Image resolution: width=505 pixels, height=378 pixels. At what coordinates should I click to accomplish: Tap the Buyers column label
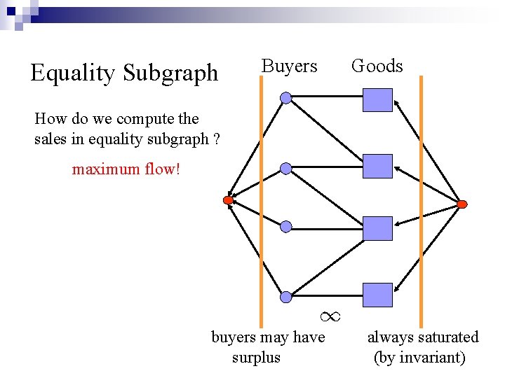point(289,66)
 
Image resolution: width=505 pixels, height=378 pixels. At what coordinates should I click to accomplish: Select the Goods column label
point(377,66)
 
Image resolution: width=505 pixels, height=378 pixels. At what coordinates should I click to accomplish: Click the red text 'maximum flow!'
point(126,169)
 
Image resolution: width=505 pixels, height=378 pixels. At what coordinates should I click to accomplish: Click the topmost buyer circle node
point(286,98)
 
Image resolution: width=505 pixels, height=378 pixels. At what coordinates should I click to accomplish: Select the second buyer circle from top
point(286,168)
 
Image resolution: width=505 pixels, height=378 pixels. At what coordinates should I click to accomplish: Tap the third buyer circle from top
point(286,227)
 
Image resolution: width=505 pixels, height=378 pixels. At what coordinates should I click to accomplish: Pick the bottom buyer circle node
point(286,297)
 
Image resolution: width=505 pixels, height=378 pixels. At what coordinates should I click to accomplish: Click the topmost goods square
point(377,100)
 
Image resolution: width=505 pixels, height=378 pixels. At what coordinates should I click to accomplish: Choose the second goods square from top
point(377,166)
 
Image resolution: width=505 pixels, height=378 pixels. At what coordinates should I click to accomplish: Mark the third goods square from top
point(377,229)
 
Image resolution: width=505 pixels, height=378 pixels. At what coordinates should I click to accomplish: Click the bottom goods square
point(377,295)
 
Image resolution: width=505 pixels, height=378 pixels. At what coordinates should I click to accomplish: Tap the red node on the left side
point(228,200)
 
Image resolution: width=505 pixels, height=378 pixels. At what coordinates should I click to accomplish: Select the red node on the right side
point(462,204)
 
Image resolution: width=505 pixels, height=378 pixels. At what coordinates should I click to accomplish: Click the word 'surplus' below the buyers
point(256,358)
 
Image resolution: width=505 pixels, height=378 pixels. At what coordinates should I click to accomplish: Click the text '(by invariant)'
point(420,358)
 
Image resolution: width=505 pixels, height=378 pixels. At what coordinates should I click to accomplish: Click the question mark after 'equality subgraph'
point(216,139)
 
